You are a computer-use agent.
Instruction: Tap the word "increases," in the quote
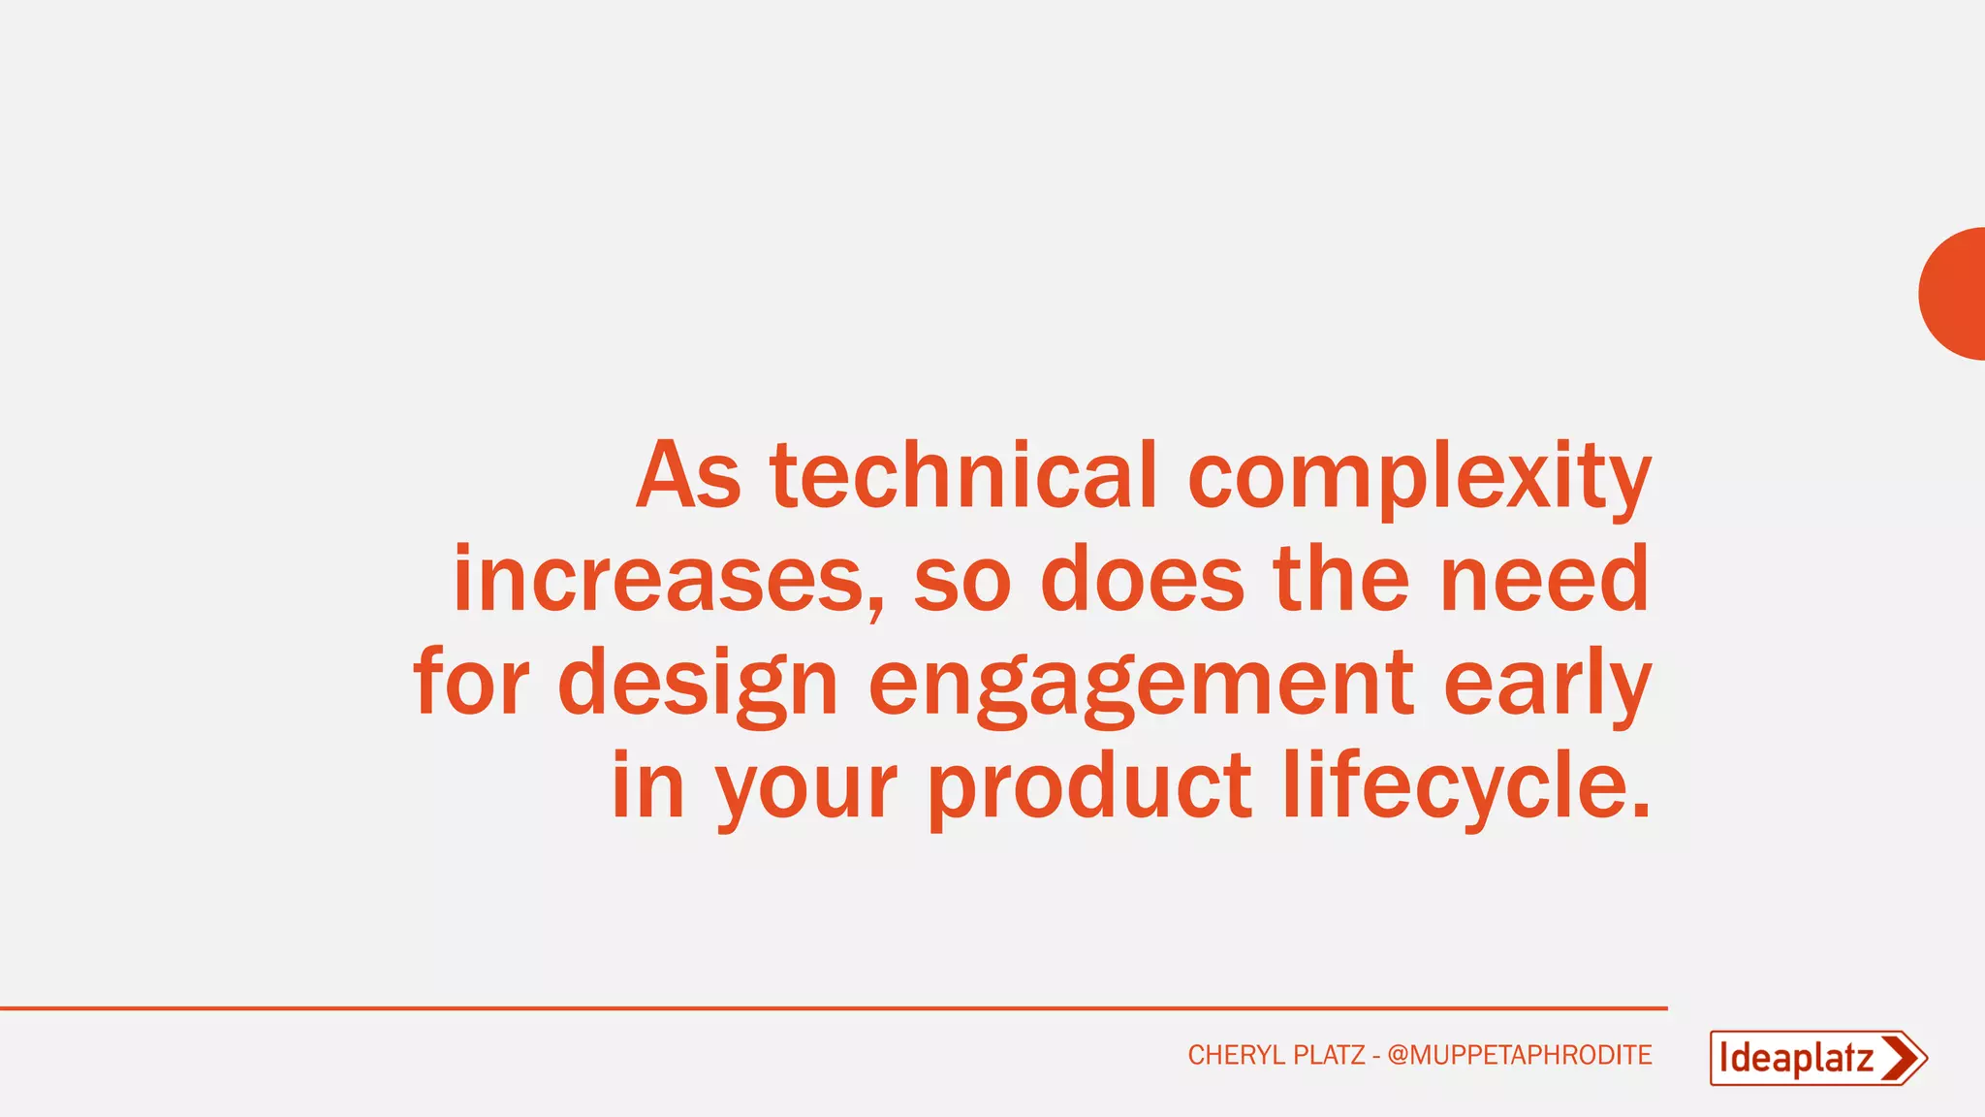[669, 581]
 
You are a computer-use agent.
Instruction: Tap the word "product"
[1089, 788]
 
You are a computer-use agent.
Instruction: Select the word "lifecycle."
[1465, 786]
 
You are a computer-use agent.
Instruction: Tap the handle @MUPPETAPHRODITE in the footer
[1519, 1055]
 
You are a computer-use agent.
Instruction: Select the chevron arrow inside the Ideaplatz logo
[1902, 1058]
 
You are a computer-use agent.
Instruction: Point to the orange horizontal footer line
[834, 1008]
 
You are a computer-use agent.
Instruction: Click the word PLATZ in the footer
[1329, 1055]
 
